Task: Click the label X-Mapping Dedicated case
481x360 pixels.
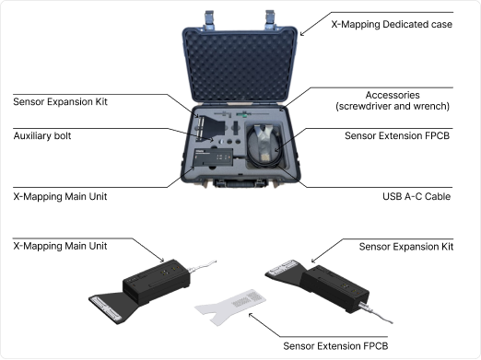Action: click(x=392, y=24)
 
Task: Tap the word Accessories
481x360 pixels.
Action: click(x=393, y=95)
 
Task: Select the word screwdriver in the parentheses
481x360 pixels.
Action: click(x=365, y=106)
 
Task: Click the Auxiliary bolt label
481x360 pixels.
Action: click(x=42, y=135)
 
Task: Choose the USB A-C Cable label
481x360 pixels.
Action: click(x=416, y=196)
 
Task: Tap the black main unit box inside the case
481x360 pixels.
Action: click(x=214, y=157)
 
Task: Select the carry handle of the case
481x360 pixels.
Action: click(x=240, y=183)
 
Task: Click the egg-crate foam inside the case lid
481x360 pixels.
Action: click(x=240, y=65)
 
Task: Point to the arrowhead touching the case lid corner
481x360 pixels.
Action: click(x=301, y=34)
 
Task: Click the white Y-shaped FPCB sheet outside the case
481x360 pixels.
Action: click(x=230, y=307)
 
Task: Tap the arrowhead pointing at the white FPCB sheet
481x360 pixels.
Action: click(x=251, y=315)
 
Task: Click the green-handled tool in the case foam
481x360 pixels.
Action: click(x=244, y=114)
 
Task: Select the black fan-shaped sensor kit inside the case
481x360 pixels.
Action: click(x=210, y=128)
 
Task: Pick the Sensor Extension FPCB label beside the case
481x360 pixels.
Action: click(x=397, y=135)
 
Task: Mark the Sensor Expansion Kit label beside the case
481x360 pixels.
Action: click(x=60, y=101)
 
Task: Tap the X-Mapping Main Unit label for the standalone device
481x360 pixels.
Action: click(x=60, y=246)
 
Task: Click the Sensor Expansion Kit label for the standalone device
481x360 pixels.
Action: click(x=406, y=247)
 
